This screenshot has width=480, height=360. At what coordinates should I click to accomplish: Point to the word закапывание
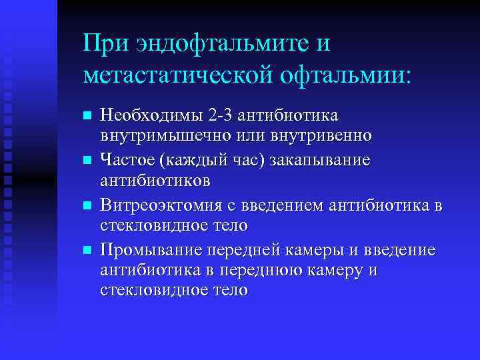point(323,161)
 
